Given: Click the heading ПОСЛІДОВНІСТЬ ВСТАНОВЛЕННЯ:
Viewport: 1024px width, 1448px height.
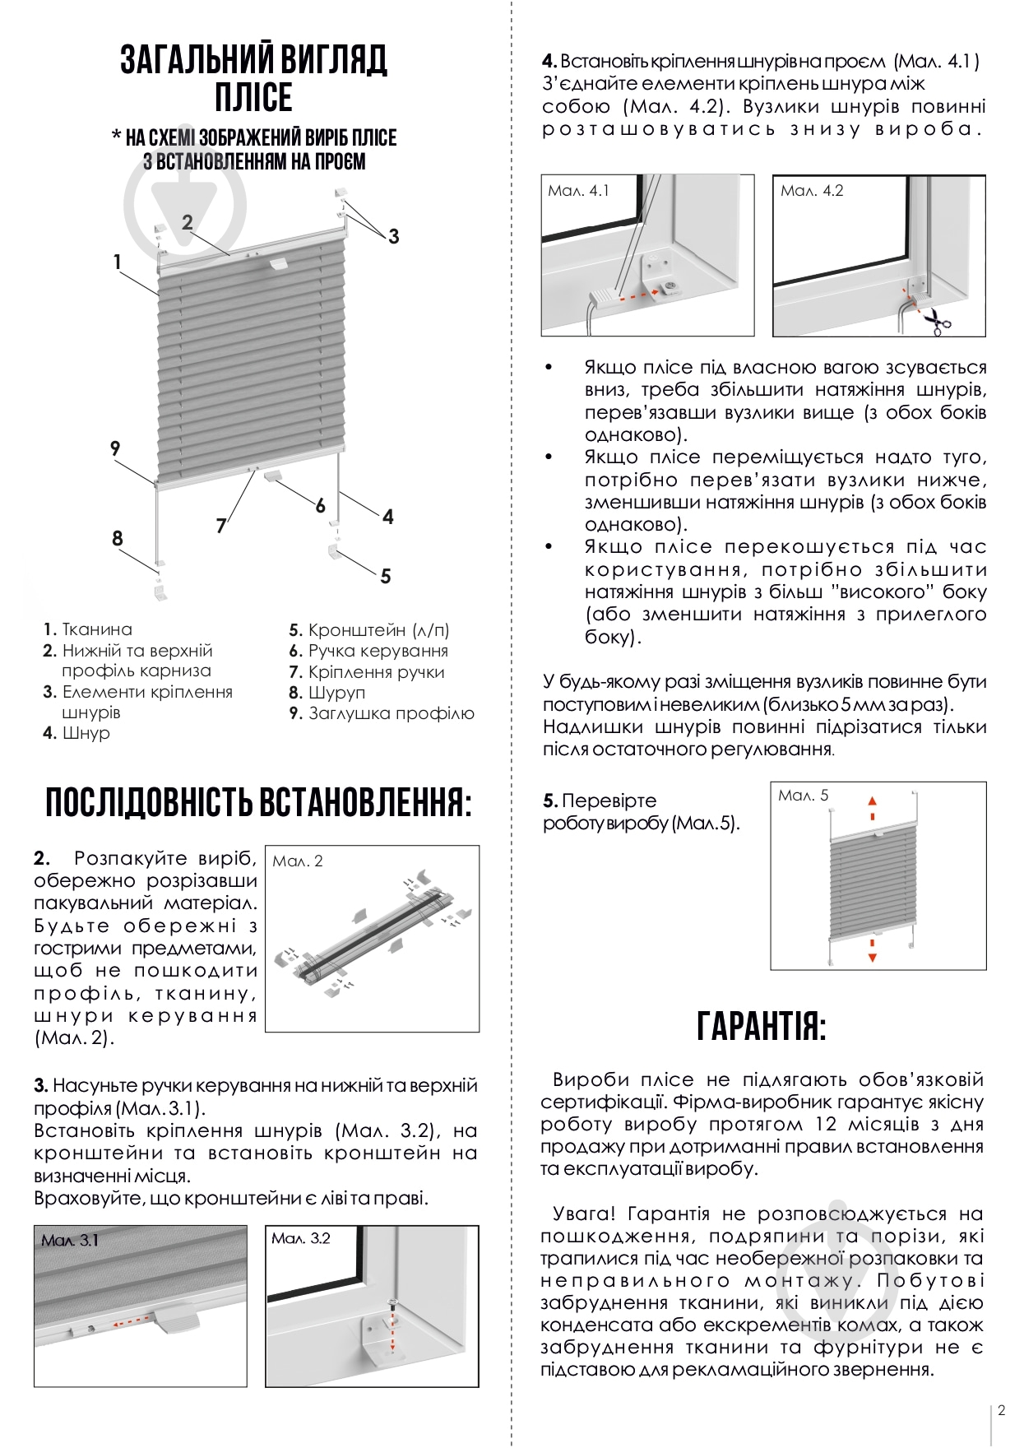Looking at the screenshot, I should (x=258, y=802).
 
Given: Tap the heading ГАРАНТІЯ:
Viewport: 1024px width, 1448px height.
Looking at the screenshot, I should (x=761, y=1026).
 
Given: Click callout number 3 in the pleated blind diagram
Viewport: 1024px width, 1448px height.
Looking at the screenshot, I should (x=393, y=236).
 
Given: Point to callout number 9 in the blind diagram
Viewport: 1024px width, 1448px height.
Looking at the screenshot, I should (x=115, y=448).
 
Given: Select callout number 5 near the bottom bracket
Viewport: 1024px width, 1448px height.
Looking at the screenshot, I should (x=385, y=576).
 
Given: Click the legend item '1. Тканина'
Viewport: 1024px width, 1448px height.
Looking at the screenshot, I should (x=88, y=629).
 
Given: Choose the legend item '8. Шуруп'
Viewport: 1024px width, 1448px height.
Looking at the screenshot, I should (x=327, y=693).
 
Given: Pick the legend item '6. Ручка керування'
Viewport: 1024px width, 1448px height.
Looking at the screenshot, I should (x=368, y=651).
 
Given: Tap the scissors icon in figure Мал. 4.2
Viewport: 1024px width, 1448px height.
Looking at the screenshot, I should (x=936, y=321).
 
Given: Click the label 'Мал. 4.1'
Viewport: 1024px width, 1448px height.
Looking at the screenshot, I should (x=578, y=191).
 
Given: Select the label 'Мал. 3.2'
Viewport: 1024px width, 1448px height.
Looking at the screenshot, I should (x=300, y=1238).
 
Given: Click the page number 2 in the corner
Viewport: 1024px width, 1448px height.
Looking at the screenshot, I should (x=1001, y=1410).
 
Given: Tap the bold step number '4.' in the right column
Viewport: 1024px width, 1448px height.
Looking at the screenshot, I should (x=549, y=61).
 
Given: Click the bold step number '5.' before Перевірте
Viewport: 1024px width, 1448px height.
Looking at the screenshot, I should (x=550, y=801).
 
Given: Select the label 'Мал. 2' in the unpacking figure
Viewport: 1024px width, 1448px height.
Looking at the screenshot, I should (x=297, y=861).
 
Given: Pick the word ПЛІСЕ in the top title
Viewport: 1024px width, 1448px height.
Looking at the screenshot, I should (x=253, y=97).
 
